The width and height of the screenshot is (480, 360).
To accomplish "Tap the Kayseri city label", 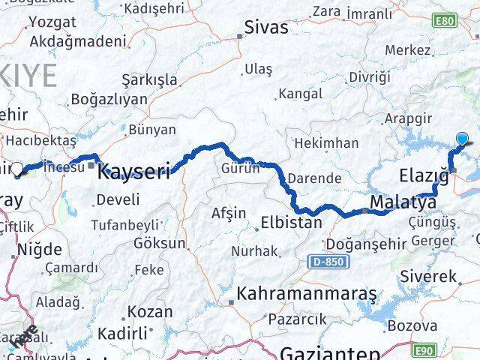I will coord(135,172).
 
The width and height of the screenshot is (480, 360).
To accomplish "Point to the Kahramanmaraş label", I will coord(307,293).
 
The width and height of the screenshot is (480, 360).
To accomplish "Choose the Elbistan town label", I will coord(291,222).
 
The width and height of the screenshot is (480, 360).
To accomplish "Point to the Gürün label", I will coord(240,169).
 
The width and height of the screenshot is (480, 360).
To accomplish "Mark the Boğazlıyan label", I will coord(109,99).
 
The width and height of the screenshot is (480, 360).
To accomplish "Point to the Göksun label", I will coord(159,244).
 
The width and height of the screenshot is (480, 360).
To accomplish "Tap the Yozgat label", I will coord(52,23).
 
